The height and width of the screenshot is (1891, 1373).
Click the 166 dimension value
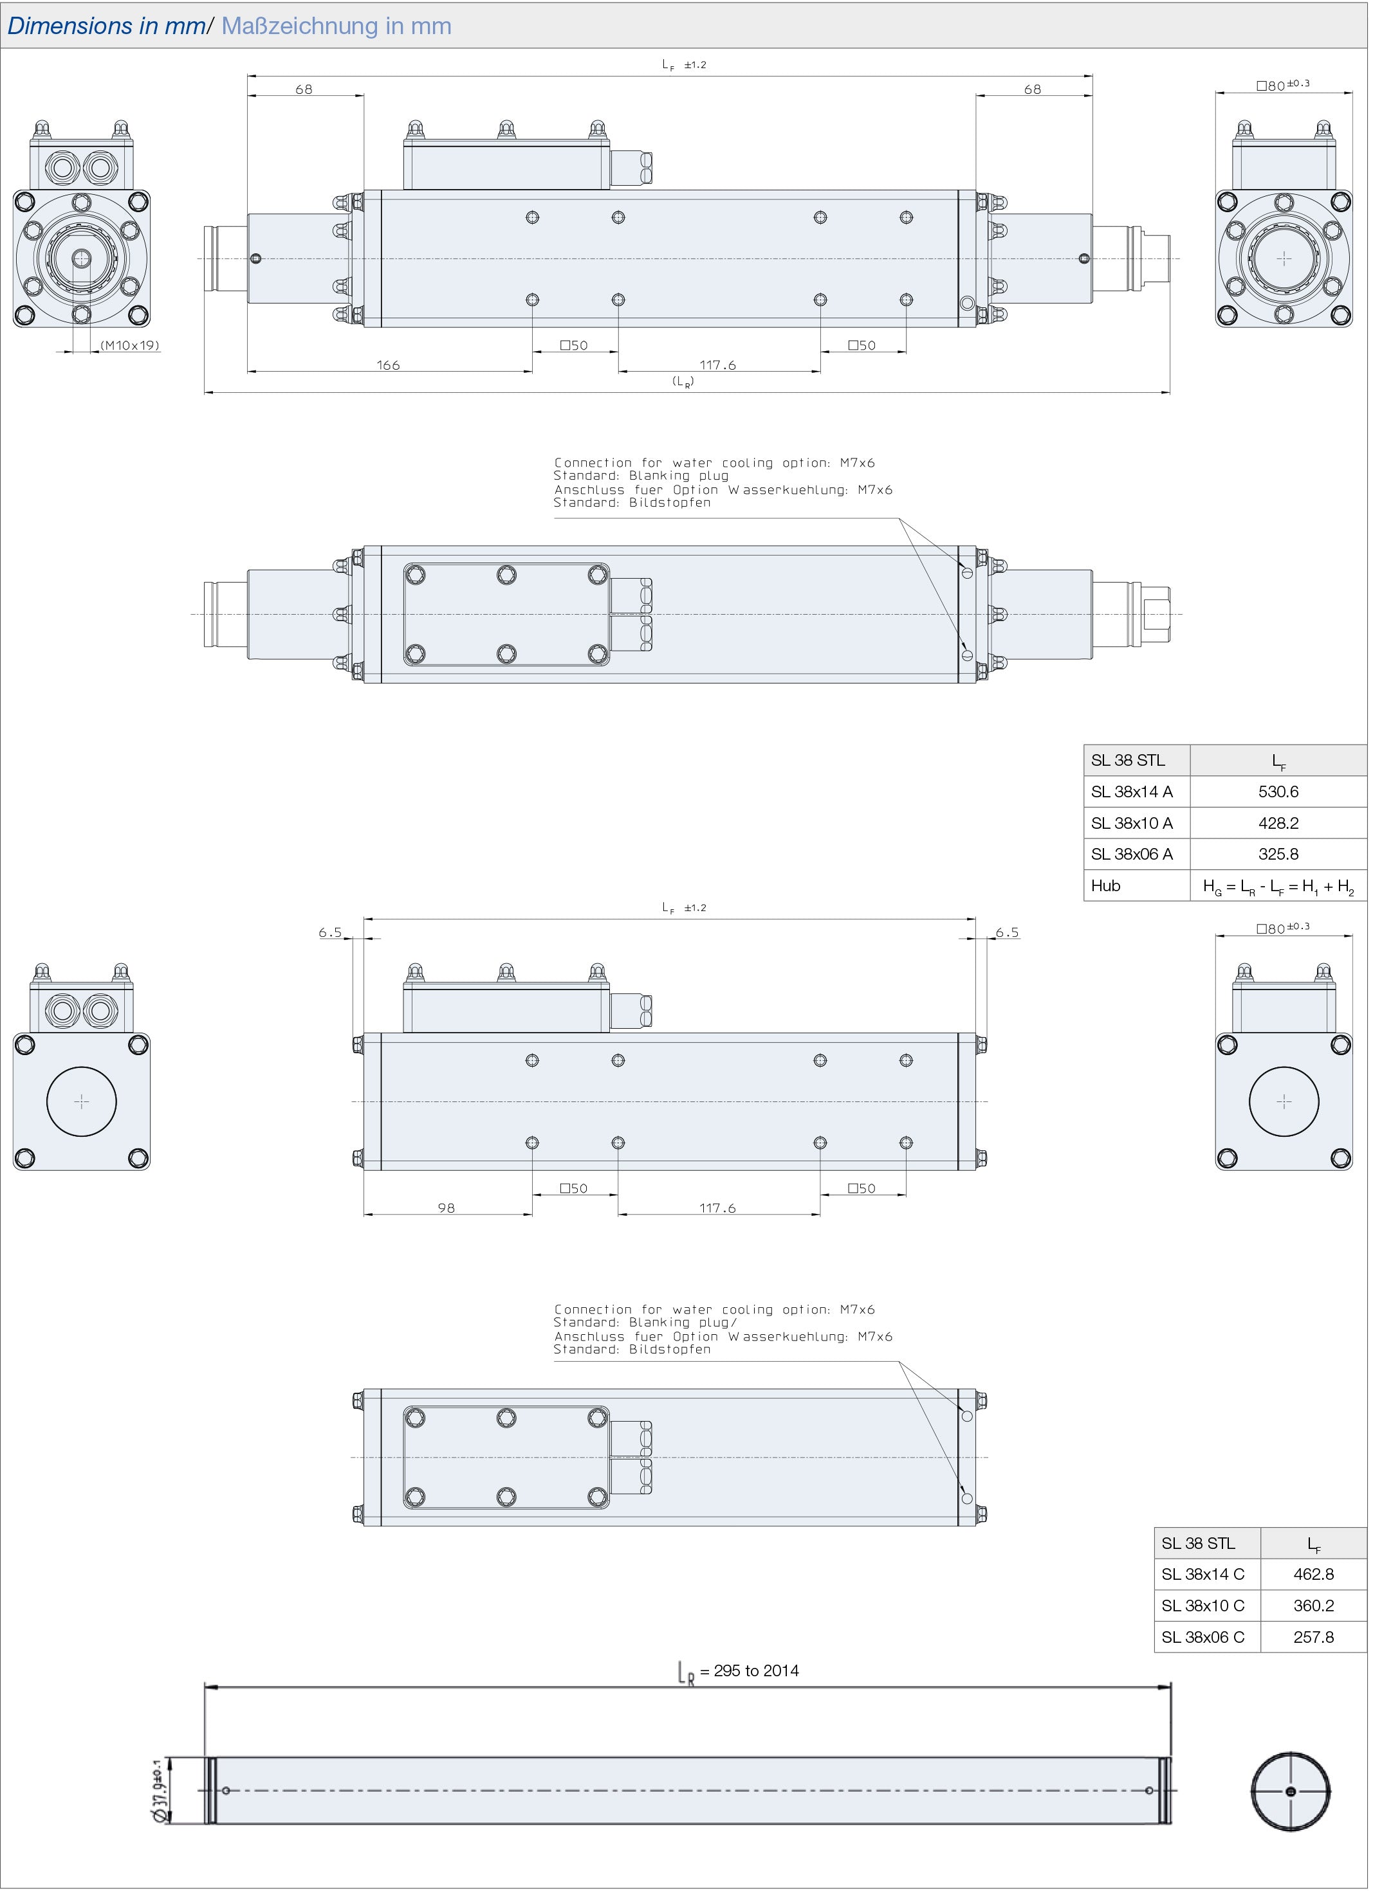[x=389, y=366]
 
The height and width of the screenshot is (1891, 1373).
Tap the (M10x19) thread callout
[x=130, y=346]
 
